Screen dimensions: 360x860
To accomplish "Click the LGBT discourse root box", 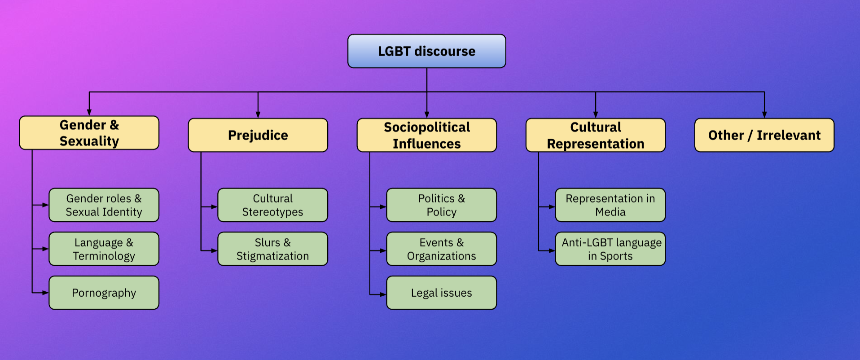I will coord(426,51).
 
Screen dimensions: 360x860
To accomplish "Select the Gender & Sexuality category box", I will coord(89,133).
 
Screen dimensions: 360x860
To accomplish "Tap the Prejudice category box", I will coord(258,135).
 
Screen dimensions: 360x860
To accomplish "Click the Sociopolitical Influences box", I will coord(426,135).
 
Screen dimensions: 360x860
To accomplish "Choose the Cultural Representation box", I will coord(595,135).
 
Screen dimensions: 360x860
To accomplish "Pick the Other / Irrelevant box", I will coord(764,135).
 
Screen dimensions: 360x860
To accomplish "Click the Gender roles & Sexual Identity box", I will coord(104,205).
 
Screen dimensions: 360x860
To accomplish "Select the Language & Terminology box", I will coord(104,249).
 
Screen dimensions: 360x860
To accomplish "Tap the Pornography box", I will coord(104,293).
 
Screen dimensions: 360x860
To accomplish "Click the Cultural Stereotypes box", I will coord(272,205).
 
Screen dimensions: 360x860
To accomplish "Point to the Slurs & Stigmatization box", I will coord(272,249).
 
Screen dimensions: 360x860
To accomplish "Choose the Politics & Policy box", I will coord(441,205).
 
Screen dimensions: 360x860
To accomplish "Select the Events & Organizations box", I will coord(441,249).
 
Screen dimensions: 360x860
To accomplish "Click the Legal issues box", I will coord(441,293).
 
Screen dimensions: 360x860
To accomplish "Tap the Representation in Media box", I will coord(610,205).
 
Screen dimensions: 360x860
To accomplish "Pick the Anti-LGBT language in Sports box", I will coord(610,249).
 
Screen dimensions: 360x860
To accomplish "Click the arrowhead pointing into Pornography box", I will coord(45,293).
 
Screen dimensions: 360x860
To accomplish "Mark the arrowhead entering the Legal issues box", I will coord(383,294).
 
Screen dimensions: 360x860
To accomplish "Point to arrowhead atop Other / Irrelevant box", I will coord(764,115).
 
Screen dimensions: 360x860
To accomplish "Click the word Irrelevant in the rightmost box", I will coord(788,135).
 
